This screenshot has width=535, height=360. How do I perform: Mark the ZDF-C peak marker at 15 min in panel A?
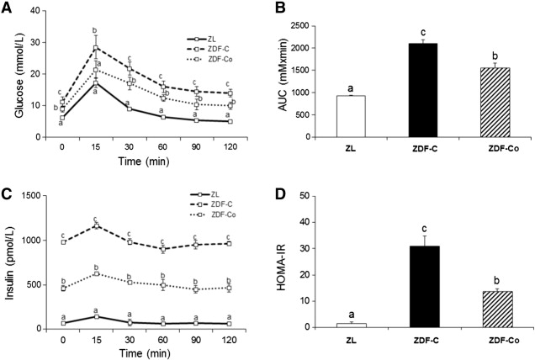click(x=96, y=47)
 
